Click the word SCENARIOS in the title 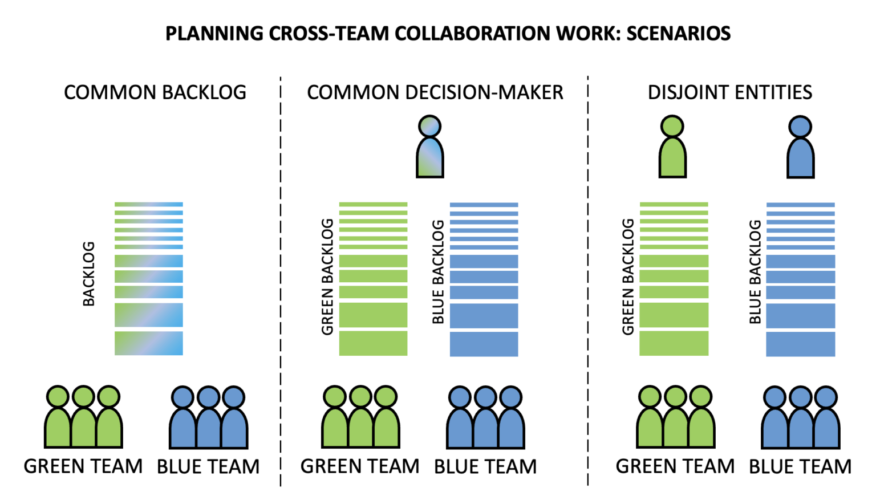pyautogui.click(x=678, y=34)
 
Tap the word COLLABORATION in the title pyautogui.click(x=473, y=34)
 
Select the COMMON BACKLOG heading pyautogui.click(x=155, y=92)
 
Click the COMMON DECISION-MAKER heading pyautogui.click(x=435, y=92)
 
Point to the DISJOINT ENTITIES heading pyautogui.click(x=729, y=92)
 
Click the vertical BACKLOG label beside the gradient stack pyautogui.click(x=89, y=274)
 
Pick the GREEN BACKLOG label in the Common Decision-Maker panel pyautogui.click(x=327, y=277)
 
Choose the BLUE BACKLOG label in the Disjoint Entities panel pyautogui.click(x=755, y=272)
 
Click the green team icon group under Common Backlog pyautogui.click(x=83, y=417)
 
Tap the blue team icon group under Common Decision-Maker pyautogui.click(x=485, y=417)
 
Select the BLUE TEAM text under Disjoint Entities pyautogui.click(x=800, y=467)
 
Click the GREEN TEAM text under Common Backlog pyautogui.click(x=83, y=466)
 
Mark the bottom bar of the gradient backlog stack pyautogui.click(x=148, y=343)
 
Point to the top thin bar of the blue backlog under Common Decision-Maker pyautogui.click(x=484, y=205)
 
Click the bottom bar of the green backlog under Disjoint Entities pyautogui.click(x=674, y=343)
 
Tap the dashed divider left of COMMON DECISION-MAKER pyautogui.click(x=281, y=285)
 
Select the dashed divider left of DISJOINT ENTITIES pyautogui.click(x=587, y=285)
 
